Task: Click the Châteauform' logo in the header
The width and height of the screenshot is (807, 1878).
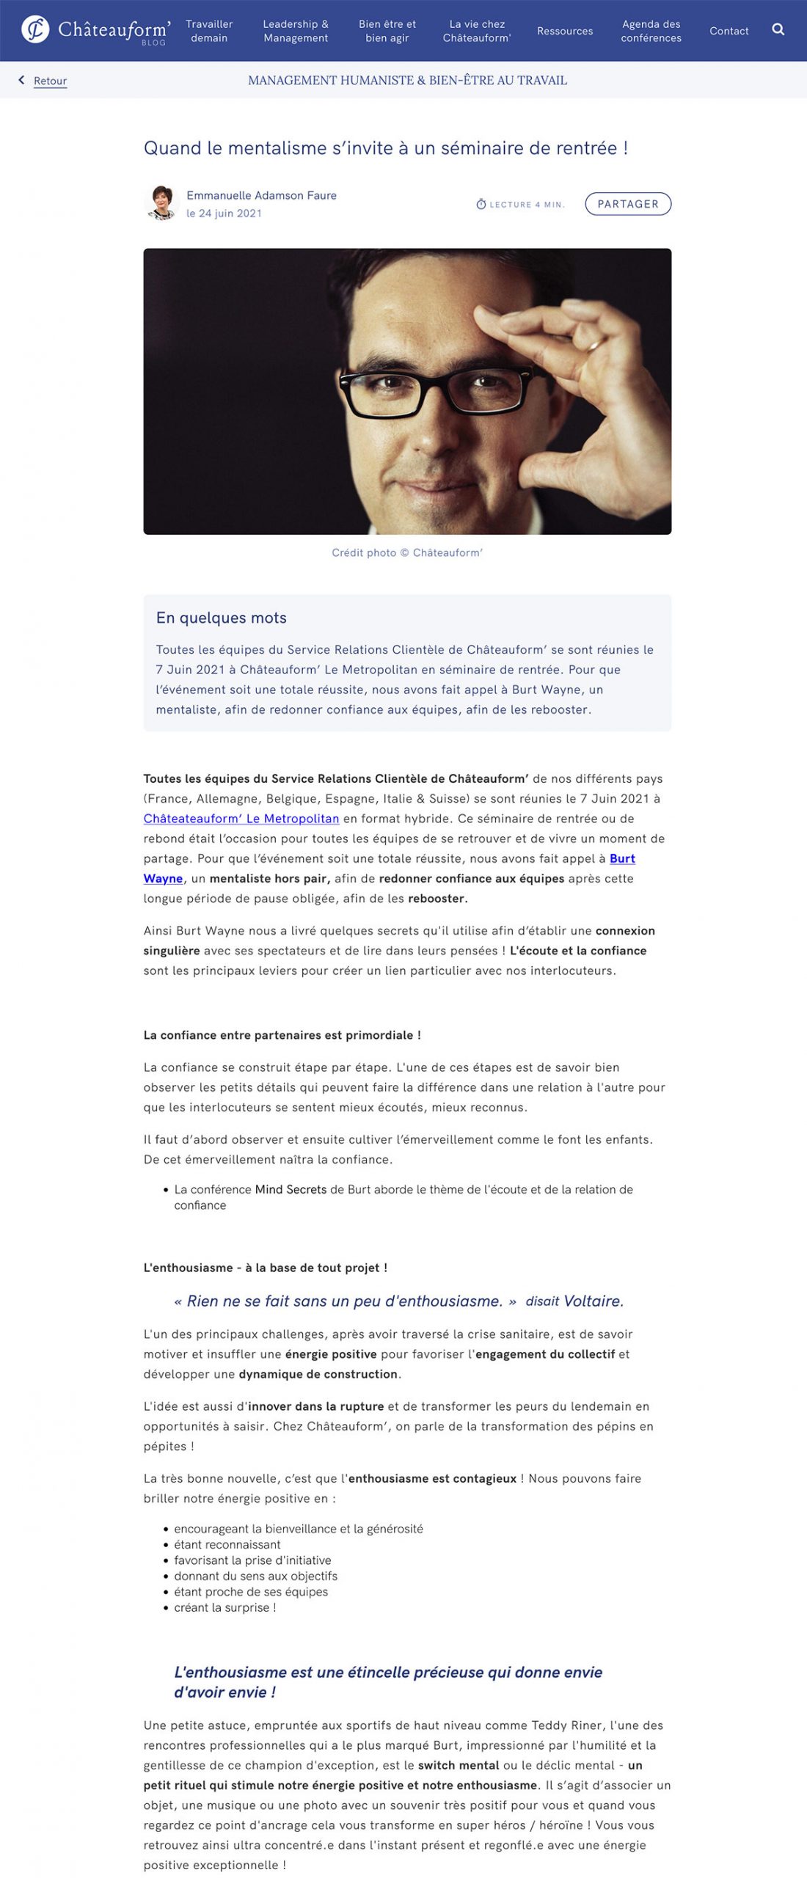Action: (x=95, y=30)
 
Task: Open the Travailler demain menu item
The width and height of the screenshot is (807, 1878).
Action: (x=209, y=31)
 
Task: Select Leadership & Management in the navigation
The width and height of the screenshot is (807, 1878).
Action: (x=296, y=31)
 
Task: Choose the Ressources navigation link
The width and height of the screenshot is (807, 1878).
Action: (x=565, y=31)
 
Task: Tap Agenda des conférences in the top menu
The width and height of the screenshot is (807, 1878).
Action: (x=651, y=31)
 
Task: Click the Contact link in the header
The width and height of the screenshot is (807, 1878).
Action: (x=729, y=31)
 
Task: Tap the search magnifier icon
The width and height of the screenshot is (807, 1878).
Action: (x=778, y=29)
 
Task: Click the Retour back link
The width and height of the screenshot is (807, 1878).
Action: (x=50, y=81)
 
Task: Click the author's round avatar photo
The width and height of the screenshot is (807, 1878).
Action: (x=161, y=203)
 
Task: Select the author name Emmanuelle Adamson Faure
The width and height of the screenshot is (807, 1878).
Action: (x=261, y=195)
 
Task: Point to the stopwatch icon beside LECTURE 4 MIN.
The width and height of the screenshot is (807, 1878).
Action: (x=481, y=204)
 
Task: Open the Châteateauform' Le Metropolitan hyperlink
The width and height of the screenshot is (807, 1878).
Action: (x=241, y=818)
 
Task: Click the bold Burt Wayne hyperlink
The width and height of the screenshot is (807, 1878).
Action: (x=622, y=858)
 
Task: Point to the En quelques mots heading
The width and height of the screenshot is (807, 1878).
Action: (x=222, y=618)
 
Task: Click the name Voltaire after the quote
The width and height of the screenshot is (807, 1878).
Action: (x=593, y=1301)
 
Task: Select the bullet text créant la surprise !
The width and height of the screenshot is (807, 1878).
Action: (x=225, y=1607)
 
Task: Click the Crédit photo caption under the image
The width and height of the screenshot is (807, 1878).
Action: (x=407, y=552)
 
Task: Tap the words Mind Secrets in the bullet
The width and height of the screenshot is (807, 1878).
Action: (x=291, y=1189)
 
